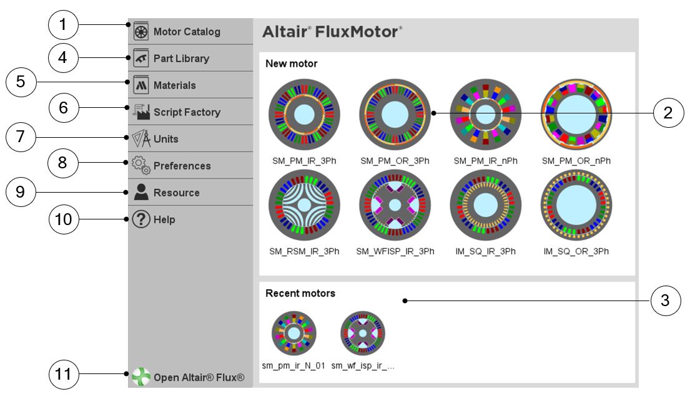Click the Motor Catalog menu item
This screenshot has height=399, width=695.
click(186, 32)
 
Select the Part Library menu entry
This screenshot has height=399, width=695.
click(181, 59)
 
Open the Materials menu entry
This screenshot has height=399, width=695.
click(174, 85)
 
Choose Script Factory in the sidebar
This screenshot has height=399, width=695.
click(187, 112)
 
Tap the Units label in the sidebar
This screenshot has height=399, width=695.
click(165, 139)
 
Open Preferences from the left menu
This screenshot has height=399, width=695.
click(182, 166)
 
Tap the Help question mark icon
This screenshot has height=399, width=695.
click(140, 219)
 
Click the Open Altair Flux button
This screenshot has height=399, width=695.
click(199, 377)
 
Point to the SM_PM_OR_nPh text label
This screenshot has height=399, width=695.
click(576, 161)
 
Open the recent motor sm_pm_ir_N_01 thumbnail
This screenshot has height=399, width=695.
click(294, 334)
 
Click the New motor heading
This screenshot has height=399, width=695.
click(291, 64)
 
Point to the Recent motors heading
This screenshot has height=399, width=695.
click(300, 293)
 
